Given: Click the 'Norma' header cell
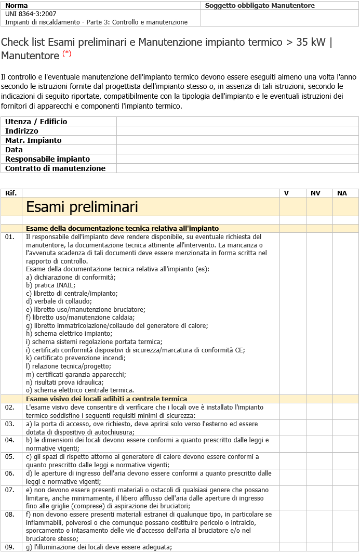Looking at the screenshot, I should pos(17,6).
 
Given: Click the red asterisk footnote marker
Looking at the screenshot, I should pos(67,54).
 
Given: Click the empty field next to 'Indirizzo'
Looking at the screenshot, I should pos(237,131).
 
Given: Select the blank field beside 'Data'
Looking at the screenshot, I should pos(237,150).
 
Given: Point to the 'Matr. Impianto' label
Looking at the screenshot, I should pos(33,140).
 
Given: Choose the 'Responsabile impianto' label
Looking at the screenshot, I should pos(47,159).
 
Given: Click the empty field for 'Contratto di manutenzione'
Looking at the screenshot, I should pos(237,168).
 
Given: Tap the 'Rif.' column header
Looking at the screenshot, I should pos(11,193).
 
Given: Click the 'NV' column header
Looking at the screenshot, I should pos(315,193).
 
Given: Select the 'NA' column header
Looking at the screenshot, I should pos(342,193).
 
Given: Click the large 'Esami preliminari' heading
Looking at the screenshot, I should pos(82,207).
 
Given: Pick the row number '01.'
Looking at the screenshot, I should pos(10,237).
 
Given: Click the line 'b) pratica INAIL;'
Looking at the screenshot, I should pos(50,285).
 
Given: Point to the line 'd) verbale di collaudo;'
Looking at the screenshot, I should pos(59,301).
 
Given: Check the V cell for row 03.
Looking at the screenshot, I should pos(292,428).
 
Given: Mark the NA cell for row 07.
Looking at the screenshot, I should pos(345,497).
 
